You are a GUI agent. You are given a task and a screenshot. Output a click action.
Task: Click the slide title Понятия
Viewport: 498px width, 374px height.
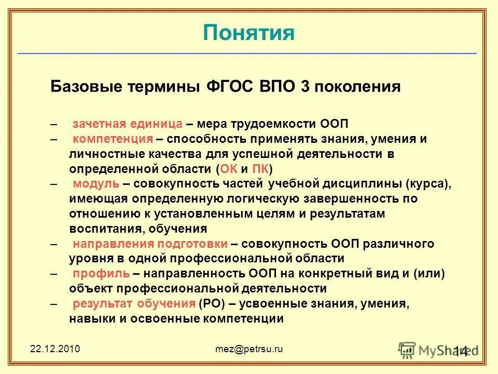pos(248,33)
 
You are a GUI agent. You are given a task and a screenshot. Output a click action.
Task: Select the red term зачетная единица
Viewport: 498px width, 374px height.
pos(128,124)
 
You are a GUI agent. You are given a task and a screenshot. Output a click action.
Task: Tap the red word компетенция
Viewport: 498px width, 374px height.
pos(113,139)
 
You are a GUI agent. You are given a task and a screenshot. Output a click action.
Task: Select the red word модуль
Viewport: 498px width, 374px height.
pos(96,184)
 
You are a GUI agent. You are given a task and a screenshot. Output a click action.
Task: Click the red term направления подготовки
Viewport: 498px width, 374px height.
pos(150,244)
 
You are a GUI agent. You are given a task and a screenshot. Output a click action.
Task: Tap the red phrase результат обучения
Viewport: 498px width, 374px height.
pos(134,304)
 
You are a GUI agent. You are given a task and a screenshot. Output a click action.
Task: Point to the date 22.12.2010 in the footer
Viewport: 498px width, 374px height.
pos(54,349)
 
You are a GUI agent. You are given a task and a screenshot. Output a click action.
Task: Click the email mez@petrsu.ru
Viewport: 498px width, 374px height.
pos(249,349)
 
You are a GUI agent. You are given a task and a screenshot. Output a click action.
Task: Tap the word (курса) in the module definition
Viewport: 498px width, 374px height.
pos(428,184)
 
